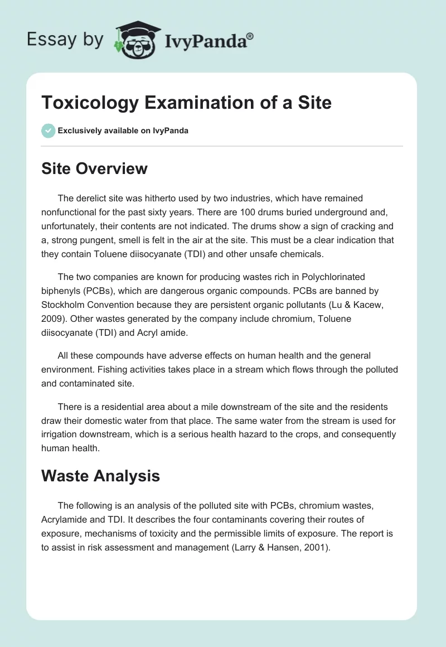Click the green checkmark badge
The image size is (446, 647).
[x=48, y=131]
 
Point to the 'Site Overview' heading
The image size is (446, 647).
[x=94, y=168]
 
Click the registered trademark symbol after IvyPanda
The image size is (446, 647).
[x=250, y=36]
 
